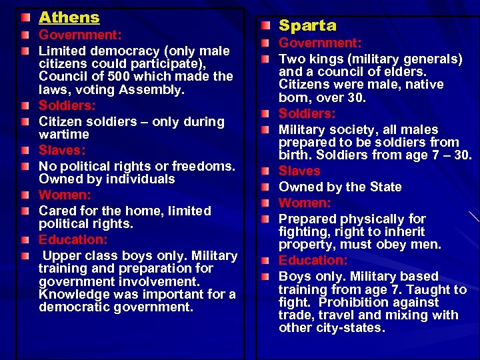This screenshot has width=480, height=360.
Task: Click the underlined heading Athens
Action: pos(69,17)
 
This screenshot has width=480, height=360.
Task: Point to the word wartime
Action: pos(65,135)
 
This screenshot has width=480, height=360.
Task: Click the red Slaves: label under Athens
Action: pos(61,150)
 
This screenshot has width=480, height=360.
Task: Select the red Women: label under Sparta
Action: pos(304,203)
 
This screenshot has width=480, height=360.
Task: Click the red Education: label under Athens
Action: pos(73,239)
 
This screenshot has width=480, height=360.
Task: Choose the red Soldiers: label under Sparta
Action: pos(307,113)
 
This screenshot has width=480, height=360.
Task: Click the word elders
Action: pos(402,71)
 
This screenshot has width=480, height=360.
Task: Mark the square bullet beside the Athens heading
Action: pos(25,17)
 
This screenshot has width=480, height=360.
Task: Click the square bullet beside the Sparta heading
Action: pos(265,25)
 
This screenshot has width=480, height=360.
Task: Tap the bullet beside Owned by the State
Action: pos(265,187)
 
